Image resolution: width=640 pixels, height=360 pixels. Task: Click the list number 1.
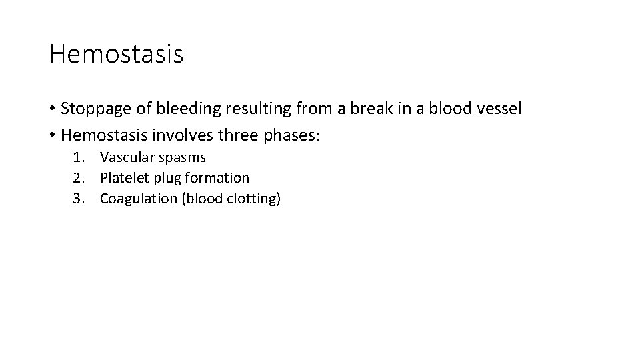pyautogui.click(x=78, y=158)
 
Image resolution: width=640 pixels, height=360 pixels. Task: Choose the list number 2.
pyautogui.click(x=78, y=178)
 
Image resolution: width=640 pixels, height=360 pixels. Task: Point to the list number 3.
pyautogui.click(x=78, y=198)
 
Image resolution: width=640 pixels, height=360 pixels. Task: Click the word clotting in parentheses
pyautogui.click(x=253, y=198)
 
